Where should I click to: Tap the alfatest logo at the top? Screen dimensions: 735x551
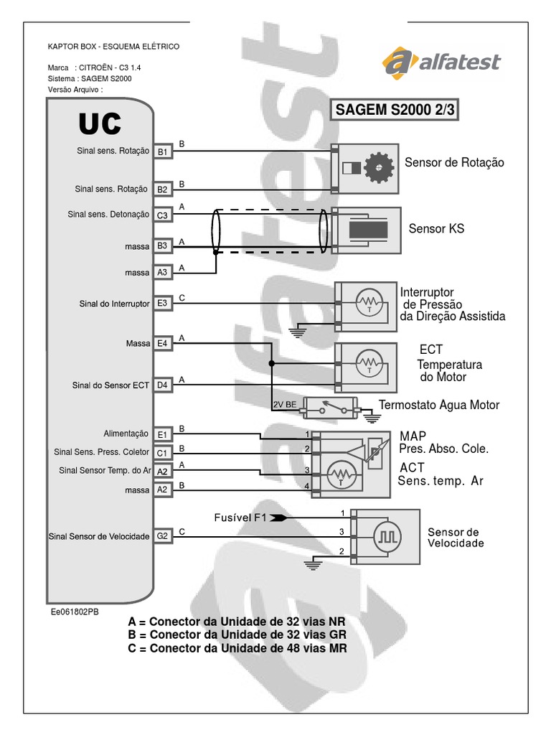point(441,62)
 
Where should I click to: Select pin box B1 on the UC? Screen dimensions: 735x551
point(162,151)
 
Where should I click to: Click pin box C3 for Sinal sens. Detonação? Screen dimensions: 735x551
point(162,214)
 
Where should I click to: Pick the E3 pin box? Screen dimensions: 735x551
point(162,304)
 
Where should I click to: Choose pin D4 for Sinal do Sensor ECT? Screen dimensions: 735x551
point(162,385)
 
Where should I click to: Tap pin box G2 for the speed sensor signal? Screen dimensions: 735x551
point(162,536)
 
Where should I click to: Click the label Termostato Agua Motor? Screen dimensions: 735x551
point(438,405)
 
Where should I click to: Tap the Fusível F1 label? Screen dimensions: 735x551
point(240,517)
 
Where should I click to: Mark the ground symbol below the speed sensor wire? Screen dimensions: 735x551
point(311,564)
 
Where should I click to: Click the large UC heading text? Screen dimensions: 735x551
point(99,125)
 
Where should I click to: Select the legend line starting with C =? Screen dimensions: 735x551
point(237,648)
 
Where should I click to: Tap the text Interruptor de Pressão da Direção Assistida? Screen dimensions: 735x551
point(452,304)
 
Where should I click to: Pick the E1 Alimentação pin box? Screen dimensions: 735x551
point(162,434)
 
